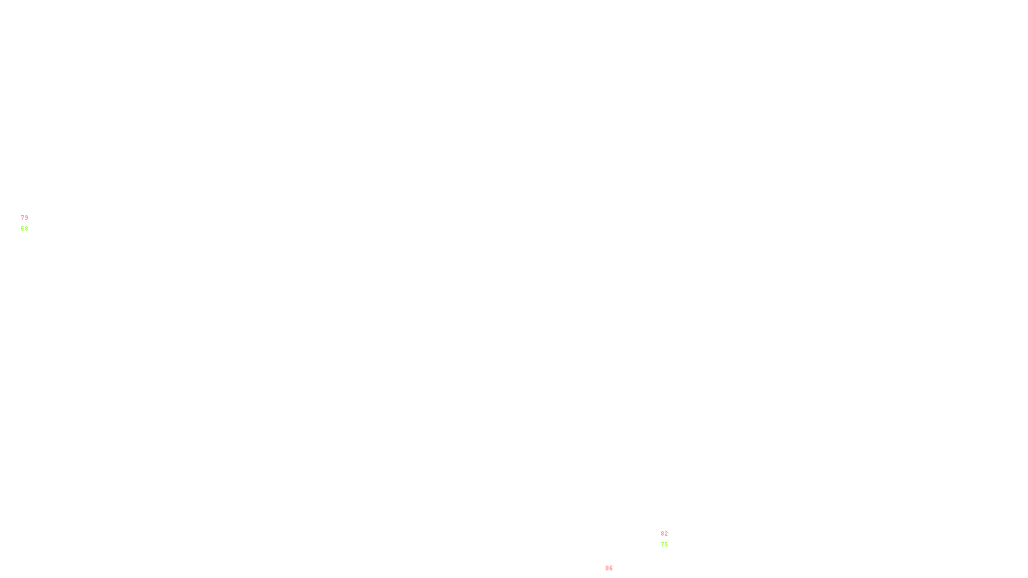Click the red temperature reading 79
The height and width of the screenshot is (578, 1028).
(x=24, y=218)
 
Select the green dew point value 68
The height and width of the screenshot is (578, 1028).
(x=24, y=229)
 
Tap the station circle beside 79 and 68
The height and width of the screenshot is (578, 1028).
(x=31, y=223)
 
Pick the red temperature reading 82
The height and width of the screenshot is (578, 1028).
(x=664, y=534)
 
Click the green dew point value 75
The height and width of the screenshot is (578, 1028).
(x=664, y=545)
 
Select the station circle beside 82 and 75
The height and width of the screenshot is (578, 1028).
(x=671, y=539)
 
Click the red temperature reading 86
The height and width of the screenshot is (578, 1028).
(x=609, y=568)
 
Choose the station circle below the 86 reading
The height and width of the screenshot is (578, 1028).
(x=616, y=574)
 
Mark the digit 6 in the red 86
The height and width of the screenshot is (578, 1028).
(x=611, y=568)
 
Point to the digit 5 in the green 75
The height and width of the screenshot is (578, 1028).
(x=666, y=545)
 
